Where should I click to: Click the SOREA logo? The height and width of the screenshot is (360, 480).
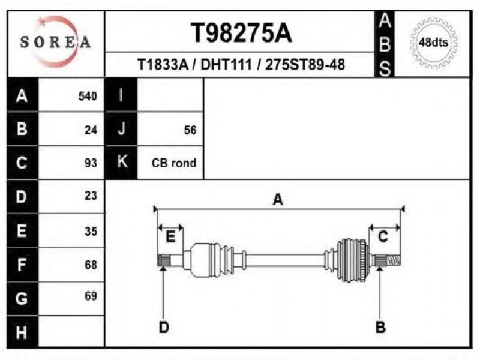pos(55,41)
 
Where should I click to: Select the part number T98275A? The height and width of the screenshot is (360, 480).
pos(241,33)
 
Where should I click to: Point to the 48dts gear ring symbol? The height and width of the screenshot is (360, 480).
pos(433,42)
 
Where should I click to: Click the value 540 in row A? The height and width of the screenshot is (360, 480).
pos(88,96)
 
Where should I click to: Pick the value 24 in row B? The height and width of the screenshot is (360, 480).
pos(91,130)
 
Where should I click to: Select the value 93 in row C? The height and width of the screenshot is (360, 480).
pos(91,163)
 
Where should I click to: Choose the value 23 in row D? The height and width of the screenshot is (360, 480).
pos(91,196)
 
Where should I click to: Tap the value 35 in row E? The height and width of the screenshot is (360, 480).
pos(91,230)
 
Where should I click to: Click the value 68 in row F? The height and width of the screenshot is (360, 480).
pos(91,264)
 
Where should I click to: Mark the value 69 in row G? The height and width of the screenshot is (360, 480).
pos(91,296)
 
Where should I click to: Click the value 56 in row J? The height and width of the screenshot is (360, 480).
pos(190,130)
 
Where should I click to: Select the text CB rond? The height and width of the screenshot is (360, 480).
pos(174,163)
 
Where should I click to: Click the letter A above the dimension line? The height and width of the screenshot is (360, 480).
pos(278,200)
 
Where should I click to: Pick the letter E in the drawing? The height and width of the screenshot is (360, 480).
pos(170,236)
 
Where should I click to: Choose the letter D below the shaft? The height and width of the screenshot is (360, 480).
pos(164,327)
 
